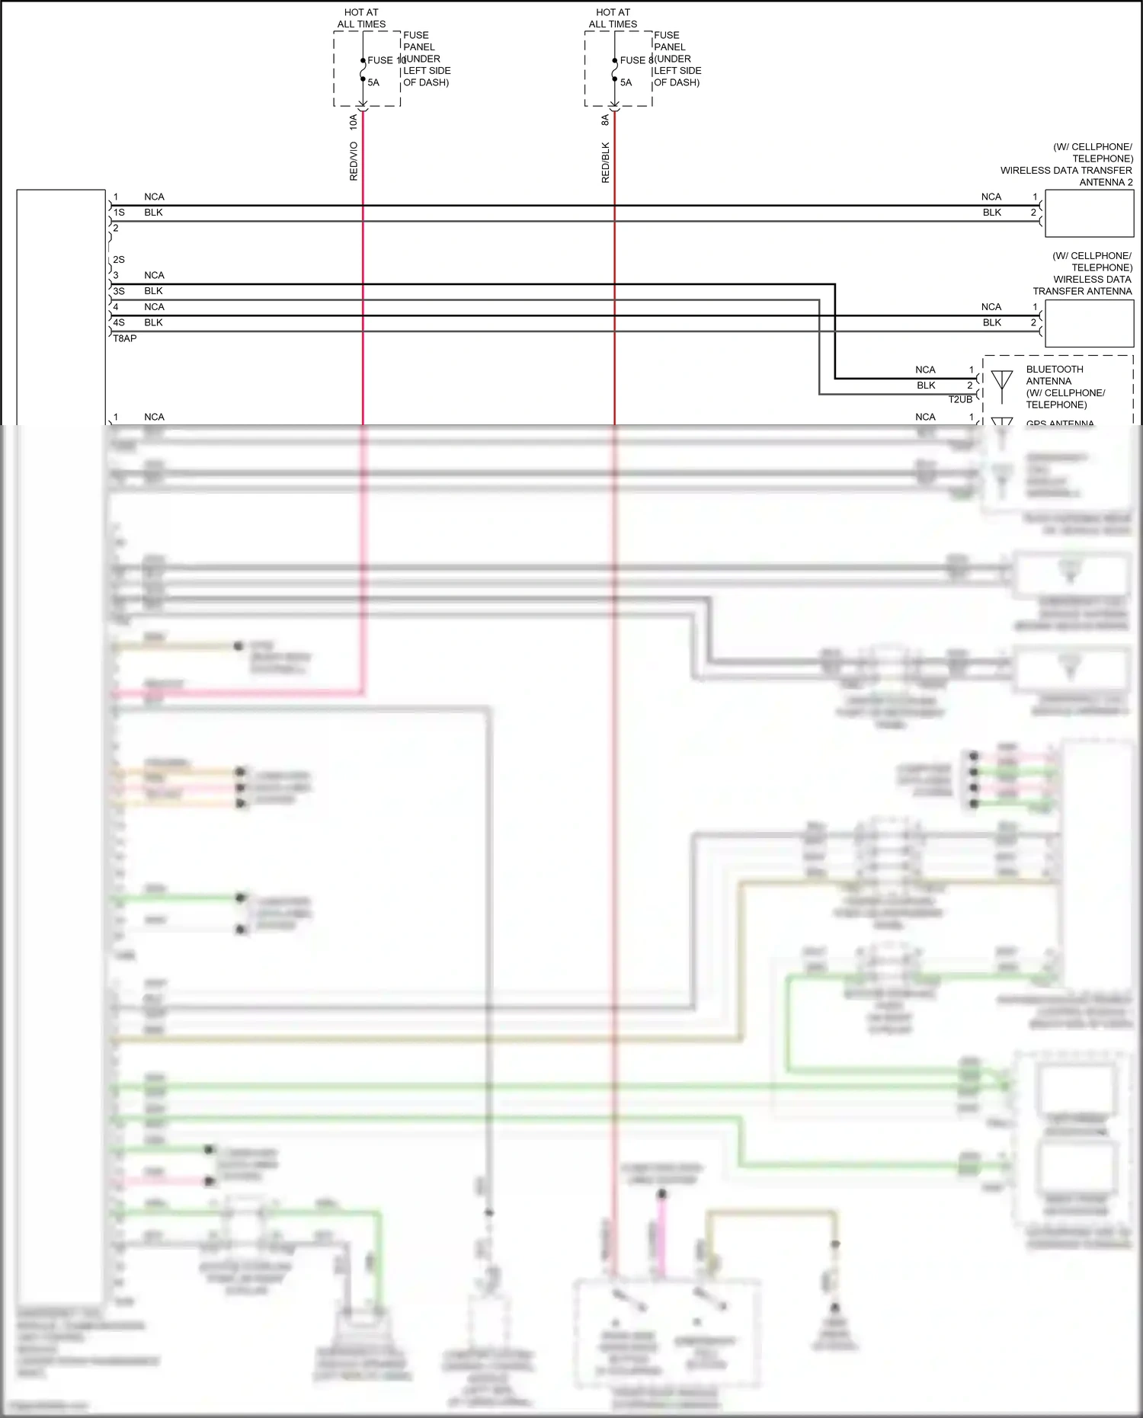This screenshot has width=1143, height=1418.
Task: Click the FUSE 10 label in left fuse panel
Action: tap(386, 60)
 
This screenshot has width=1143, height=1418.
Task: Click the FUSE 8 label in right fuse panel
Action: tap(636, 60)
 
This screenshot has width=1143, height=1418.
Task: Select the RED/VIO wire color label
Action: tap(354, 161)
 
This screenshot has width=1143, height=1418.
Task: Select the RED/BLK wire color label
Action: tap(606, 162)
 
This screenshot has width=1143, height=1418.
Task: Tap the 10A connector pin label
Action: tap(354, 121)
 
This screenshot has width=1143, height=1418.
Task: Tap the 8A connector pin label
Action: tap(606, 120)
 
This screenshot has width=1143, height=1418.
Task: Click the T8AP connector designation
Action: tap(125, 338)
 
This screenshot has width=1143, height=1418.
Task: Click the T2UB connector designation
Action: tap(960, 399)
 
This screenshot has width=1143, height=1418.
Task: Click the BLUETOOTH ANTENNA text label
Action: tap(1055, 375)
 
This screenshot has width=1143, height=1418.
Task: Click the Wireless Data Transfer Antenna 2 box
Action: tap(1089, 213)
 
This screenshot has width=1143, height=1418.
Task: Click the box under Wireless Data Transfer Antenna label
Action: tap(1089, 323)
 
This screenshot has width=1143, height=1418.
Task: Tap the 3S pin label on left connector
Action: tap(119, 291)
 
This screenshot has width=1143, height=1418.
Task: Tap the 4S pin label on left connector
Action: tap(119, 322)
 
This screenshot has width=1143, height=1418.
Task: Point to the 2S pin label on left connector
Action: tap(119, 260)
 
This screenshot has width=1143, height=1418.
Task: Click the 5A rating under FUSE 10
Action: tap(373, 82)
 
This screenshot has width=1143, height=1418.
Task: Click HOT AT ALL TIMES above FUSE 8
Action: tap(613, 18)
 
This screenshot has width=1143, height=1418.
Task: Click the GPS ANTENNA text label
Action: tap(1059, 423)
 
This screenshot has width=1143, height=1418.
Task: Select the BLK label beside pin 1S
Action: tap(153, 213)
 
